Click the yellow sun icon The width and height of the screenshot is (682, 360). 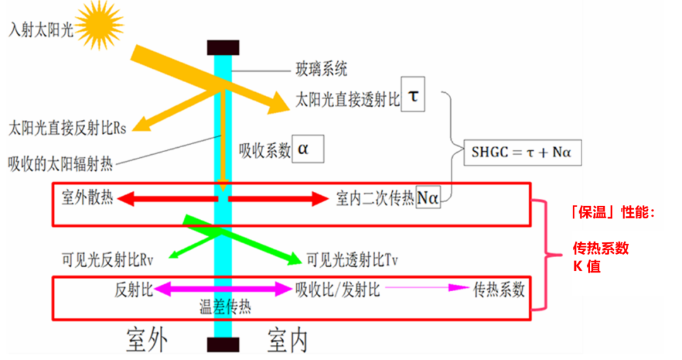[x=99, y=25]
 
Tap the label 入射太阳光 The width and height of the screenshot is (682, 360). [x=41, y=30]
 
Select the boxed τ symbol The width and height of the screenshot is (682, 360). [x=413, y=95]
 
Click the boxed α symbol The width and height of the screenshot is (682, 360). [x=308, y=148]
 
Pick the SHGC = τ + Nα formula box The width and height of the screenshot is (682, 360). [x=522, y=153]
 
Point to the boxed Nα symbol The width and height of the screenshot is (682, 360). [x=428, y=198]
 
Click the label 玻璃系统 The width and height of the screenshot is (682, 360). [x=321, y=69]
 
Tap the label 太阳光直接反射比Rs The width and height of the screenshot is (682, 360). [x=68, y=128]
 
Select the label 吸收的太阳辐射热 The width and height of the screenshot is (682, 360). [x=60, y=164]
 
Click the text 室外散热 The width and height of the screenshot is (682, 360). [x=87, y=198]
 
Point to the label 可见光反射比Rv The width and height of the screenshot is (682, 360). [x=107, y=260]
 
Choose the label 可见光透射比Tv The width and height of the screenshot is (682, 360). [x=352, y=260]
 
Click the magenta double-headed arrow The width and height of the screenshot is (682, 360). [x=223, y=289]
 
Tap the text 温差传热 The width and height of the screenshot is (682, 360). [x=225, y=307]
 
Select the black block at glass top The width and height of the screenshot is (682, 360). [x=223, y=47]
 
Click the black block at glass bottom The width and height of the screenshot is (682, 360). [x=223, y=344]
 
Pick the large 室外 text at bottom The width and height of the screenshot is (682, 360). [x=147, y=340]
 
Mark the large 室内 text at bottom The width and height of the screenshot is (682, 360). [x=287, y=340]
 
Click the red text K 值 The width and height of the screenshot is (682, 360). [x=587, y=266]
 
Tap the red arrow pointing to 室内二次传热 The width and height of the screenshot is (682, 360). [x=278, y=199]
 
